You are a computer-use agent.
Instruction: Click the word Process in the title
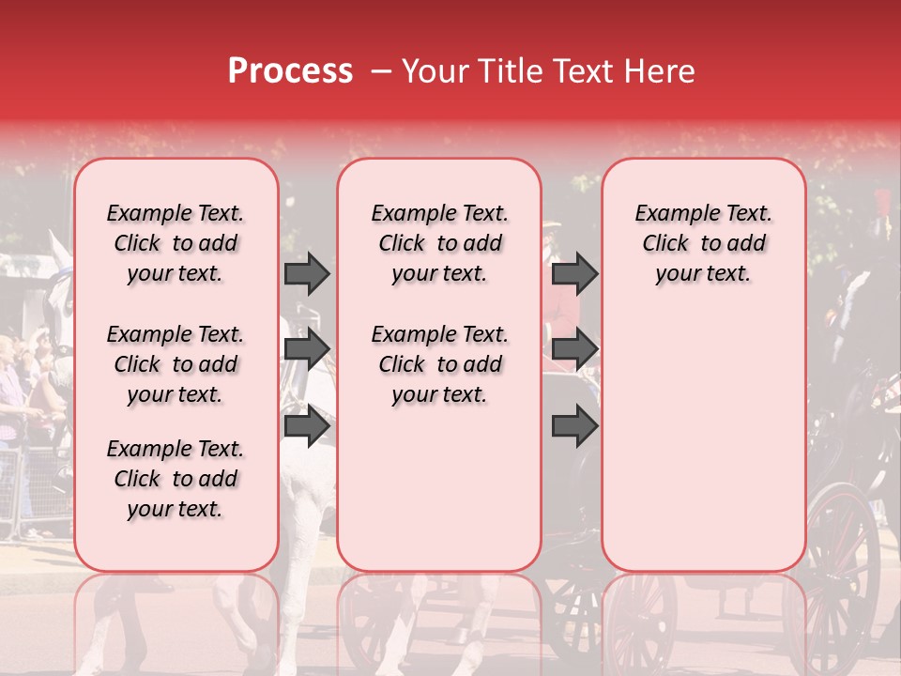pyautogui.click(x=290, y=71)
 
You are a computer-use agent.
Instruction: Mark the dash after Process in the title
pyautogui.click(x=381, y=72)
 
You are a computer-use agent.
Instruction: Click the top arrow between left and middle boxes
pyautogui.click(x=307, y=273)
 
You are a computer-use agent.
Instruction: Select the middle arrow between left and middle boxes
pyautogui.click(x=307, y=349)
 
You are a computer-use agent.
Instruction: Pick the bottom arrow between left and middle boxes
pyautogui.click(x=307, y=425)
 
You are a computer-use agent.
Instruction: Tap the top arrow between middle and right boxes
pyautogui.click(x=574, y=273)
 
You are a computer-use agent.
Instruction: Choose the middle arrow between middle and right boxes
pyautogui.click(x=574, y=349)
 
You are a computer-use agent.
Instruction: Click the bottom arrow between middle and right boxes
pyautogui.click(x=574, y=425)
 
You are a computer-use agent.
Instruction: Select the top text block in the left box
pyautogui.click(x=176, y=243)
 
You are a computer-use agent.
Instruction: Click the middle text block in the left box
pyautogui.click(x=176, y=364)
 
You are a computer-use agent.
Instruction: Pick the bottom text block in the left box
pyautogui.click(x=176, y=479)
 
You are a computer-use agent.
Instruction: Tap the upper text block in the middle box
pyautogui.click(x=439, y=243)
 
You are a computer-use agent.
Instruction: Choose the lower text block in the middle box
pyautogui.click(x=439, y=364)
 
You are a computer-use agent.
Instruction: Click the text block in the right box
pyautogui.click(x=704, y=243)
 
